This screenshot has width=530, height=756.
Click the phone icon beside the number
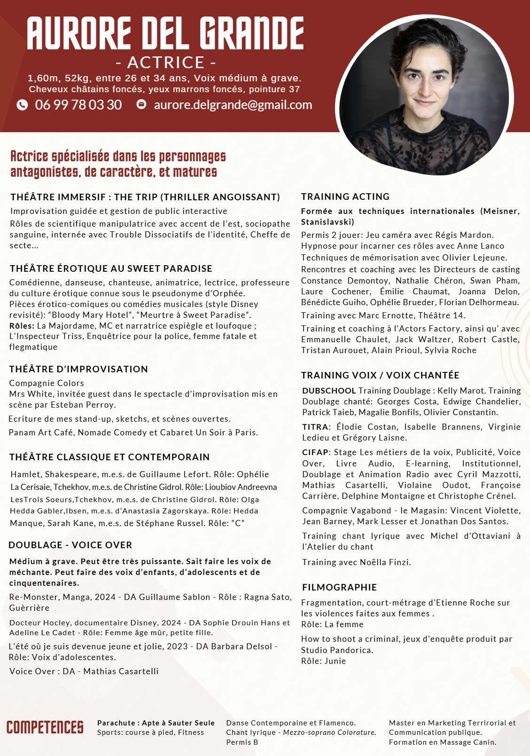click(x=22, y=105)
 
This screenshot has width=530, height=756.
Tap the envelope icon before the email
click(x=141, y=104)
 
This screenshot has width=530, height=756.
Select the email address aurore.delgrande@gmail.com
click(x=233, y=105)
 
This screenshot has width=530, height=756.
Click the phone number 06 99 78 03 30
click(x=78, y=105)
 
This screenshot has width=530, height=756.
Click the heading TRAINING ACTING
click(x=345, y=197)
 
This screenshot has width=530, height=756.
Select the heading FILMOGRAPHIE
click(x=339, y=587)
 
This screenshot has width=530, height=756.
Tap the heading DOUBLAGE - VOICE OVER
click(x=70, y=545)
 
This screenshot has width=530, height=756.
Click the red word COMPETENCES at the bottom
click(x=45, y=727)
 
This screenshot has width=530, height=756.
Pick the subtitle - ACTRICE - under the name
click(x=166, y=62)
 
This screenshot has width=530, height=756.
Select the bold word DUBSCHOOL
click(x=329, y=391)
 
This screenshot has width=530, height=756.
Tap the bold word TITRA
click(x=315, y=427)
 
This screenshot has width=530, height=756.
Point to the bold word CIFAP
click(x=315, y=452)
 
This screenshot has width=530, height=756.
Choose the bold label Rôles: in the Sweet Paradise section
click(x=22, y=326)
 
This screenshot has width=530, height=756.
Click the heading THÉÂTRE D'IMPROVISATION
click(x=78, y=369)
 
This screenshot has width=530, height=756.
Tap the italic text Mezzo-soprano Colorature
click(x=329, y=732)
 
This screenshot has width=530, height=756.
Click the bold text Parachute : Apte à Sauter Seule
click(x=156, y=723)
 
